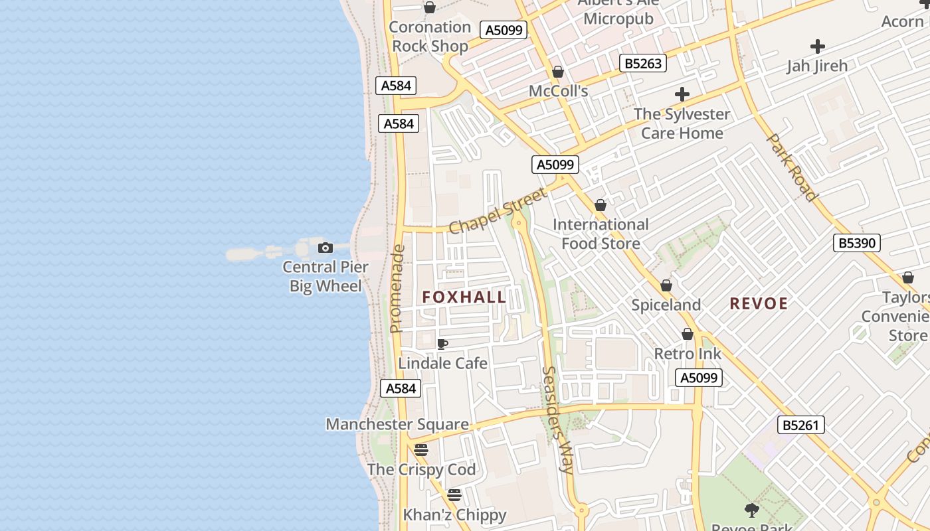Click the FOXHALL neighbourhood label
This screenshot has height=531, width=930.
[x=464, y=297]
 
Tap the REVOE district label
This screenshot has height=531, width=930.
[x=759, y=304]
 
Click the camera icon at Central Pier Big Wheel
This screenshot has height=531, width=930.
[x=325, y=248]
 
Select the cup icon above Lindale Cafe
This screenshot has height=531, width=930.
[x=442, y=344]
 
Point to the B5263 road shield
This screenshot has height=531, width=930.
[x=642, y=64]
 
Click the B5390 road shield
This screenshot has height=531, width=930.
[x=856, y=243]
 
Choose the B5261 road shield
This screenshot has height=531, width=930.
[x=800, y=425]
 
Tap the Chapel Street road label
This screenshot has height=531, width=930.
[x=498, y=210]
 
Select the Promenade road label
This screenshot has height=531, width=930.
[x=397, y=289]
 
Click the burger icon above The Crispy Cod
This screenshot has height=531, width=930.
[x=421, y=450]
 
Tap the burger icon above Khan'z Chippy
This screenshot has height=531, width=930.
[x=454, y=495]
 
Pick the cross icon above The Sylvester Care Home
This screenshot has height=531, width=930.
[x=682, y=94]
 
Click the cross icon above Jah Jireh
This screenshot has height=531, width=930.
[x=817, y=46]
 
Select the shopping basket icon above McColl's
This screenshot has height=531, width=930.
[x=558, y=72]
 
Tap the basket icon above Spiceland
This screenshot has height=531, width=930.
[x=666, y=285]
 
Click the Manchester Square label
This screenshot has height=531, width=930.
[x=397, y=424]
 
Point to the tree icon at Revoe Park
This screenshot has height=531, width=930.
[x=752, y=510]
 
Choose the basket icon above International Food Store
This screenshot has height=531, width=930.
[x=601, y=206]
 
